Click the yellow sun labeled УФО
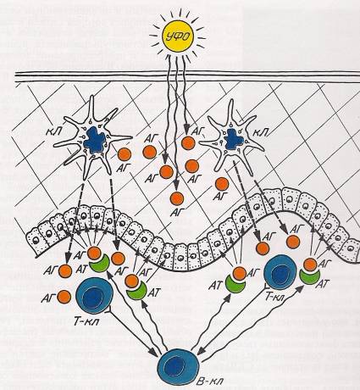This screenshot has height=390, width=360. (177, 36)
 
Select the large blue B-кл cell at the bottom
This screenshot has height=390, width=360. (175, 366)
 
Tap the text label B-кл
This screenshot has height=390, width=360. (209, 381)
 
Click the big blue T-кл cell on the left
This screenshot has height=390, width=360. (94, 295)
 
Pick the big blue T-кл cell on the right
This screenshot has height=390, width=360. (280, 271)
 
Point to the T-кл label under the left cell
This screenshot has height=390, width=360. (86, 320)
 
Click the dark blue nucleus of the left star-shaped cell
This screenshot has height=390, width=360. (95, 138)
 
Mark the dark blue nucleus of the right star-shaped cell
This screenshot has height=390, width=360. (233, 139)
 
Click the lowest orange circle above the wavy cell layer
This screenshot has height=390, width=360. (177, 198)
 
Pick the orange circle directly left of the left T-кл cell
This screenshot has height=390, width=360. (64, 297)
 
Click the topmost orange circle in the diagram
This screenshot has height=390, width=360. (188, 143)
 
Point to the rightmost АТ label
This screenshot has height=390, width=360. (323, 283)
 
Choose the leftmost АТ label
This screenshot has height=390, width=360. (82, 270)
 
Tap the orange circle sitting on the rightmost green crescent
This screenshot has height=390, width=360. (310, 265)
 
